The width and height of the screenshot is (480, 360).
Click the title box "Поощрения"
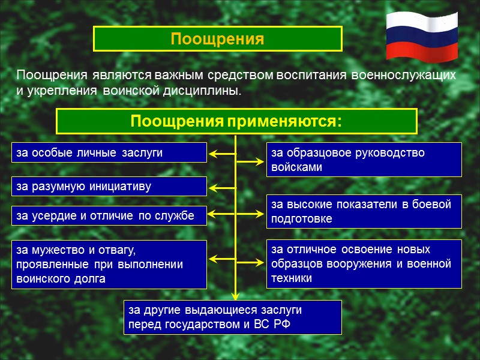pos(217,39)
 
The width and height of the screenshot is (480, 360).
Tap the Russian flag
pos(422,36)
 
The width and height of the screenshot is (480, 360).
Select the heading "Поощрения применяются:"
pos(236,121)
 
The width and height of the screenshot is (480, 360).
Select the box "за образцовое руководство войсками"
pos(364,160)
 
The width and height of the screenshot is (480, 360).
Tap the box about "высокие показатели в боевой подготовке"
pos(364,211)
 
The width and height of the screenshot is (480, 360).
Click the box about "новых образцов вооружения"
pos(364,264)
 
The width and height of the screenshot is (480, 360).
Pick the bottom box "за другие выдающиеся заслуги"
pos(232,317)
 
